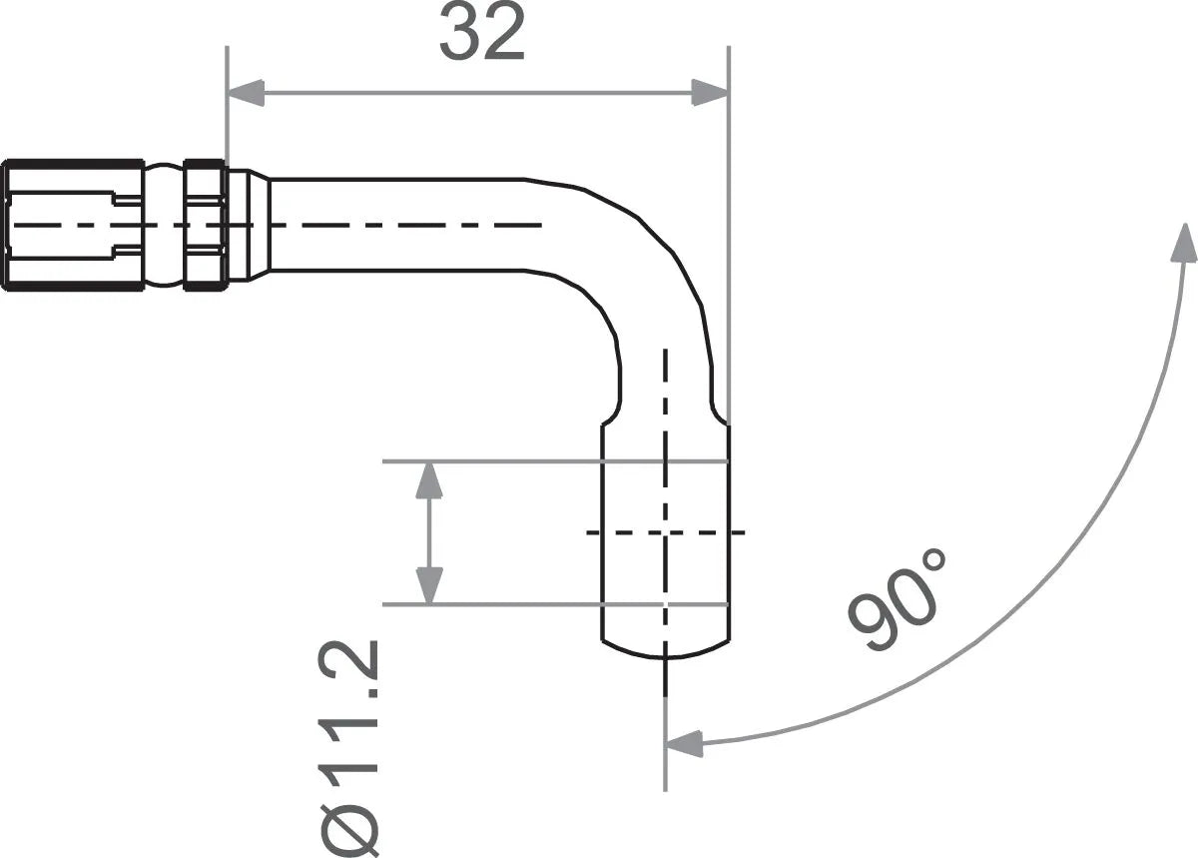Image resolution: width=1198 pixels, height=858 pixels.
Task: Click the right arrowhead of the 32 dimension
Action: click(710, 94)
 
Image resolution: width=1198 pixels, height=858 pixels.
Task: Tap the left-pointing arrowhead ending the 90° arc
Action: click(684, 743)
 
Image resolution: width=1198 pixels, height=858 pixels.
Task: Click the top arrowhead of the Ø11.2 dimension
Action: click(429, 480)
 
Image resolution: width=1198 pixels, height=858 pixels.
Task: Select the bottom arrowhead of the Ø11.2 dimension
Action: click(429, 585)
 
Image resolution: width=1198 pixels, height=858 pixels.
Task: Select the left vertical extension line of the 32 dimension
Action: click(227, 110)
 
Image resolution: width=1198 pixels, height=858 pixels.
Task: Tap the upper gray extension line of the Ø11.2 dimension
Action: click(499, 461)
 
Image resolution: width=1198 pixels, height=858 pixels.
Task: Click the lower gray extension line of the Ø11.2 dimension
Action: click(499, 604)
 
